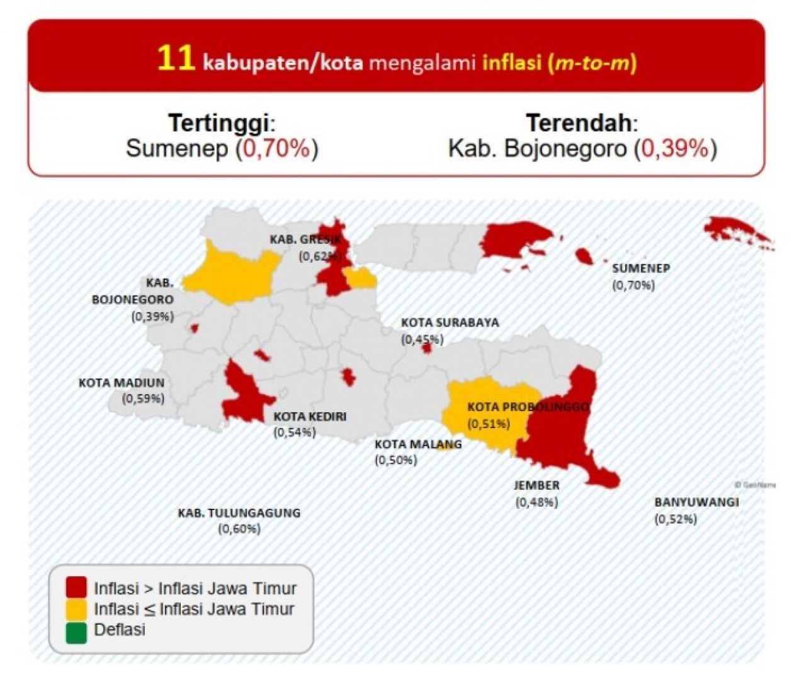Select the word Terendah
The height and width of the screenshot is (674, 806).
click(578, 122)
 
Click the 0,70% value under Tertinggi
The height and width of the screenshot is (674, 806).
click(277, 149)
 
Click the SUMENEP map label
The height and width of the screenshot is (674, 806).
click(640, 268)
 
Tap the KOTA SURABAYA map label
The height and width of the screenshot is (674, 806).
click(450, 322)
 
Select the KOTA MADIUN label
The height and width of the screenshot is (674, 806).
click(121, 382)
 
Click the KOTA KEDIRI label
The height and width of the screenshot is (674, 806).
click(309, 417)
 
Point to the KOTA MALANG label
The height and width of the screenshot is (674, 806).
click(417, 444)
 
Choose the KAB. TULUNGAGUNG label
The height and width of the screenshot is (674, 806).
click(239, 513)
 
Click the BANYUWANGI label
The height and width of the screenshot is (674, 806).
click(696, 503)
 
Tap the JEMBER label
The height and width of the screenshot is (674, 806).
click(536, 485)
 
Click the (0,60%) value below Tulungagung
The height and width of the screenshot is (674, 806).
click(239, 529)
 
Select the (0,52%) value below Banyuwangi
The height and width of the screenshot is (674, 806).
click(676, 520)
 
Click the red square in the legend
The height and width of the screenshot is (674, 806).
click(76, 588)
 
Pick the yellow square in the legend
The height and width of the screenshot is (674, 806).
click(76, 608)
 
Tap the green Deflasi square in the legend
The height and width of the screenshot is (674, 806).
click(76, 630)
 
